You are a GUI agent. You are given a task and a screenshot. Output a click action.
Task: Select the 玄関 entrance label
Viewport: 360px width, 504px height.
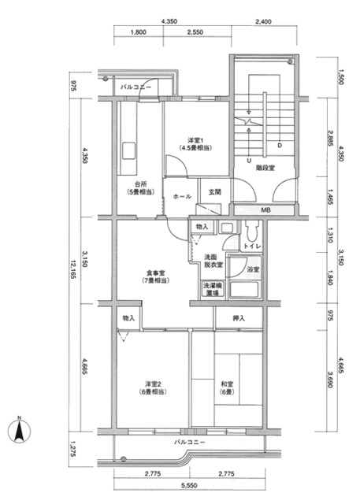215,191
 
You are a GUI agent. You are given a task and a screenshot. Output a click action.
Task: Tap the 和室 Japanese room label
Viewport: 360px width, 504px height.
228,387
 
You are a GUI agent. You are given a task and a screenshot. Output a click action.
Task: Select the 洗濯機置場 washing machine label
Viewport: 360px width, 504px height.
212,289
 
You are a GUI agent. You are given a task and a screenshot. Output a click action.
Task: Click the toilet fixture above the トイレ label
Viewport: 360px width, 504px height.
251,232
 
